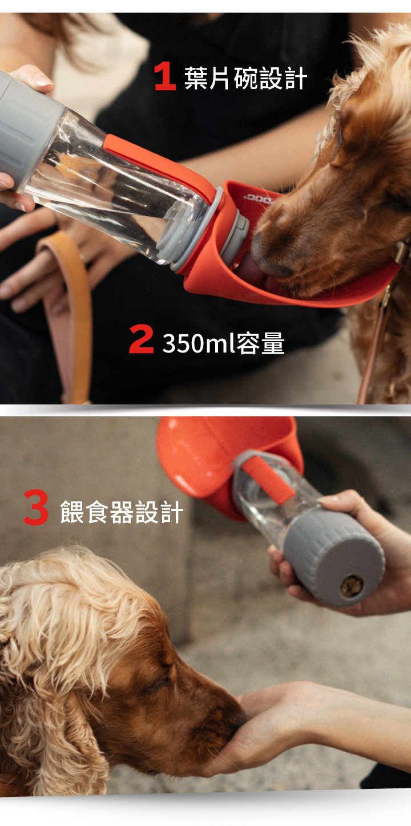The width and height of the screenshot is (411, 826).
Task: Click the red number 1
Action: click(x=165, y=76)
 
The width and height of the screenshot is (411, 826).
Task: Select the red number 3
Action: click(x=36, y=507)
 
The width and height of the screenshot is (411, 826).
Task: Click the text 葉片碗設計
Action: click(x=245, y=78)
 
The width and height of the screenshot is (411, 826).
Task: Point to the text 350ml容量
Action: click(x=223, y=343)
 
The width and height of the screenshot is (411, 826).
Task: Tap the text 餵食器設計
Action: click(x=122, y=512)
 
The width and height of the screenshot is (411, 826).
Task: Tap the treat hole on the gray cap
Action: click(x=351, y=586)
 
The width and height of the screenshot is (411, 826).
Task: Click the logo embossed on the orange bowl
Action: click(x=258, y=200)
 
